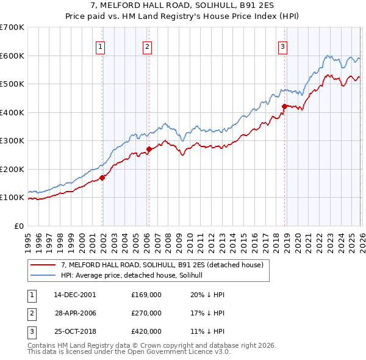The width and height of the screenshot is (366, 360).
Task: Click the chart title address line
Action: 182,5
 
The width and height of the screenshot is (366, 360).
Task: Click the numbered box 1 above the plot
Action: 100,45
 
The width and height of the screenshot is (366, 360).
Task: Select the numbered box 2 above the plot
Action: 148,45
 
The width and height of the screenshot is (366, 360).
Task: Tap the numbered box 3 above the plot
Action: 283,45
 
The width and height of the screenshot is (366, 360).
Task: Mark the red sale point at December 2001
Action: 102,178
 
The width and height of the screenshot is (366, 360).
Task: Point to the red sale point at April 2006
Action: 149,149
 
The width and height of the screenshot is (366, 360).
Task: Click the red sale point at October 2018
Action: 284,106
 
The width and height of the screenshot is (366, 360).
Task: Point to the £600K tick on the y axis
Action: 12,56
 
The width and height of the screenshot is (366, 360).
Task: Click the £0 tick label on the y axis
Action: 18,226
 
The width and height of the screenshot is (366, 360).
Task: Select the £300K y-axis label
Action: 12,140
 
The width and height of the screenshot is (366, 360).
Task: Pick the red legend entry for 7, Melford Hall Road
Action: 162,265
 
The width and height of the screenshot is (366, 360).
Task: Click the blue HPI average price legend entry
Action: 135,275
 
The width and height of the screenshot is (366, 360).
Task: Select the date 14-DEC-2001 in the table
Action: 75,294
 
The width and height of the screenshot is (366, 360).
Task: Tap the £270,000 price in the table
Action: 146,313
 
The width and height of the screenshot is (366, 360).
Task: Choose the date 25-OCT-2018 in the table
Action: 75,332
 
